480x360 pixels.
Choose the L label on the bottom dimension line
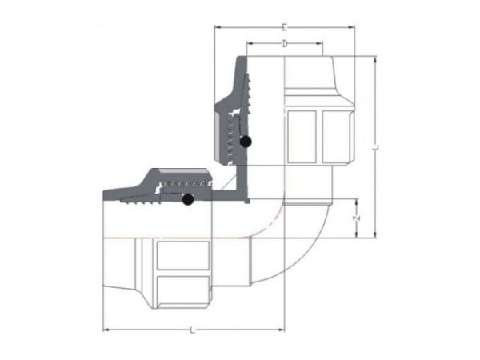pyautogui.click(x=194, y=330)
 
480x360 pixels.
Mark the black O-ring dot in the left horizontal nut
pyautogui.click(x=188, y=201)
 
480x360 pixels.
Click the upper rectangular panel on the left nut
pyautogui.click(x=182, y=255)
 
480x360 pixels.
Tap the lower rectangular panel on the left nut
pyautogui.click(x=182, y=290)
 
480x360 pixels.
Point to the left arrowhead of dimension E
pyautogui.click(x=217, y=29)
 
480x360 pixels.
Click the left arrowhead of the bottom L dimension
pyautogui.click(x=106, y=330)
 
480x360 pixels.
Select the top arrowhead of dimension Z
pyautogui.click(x=357, y=198)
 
